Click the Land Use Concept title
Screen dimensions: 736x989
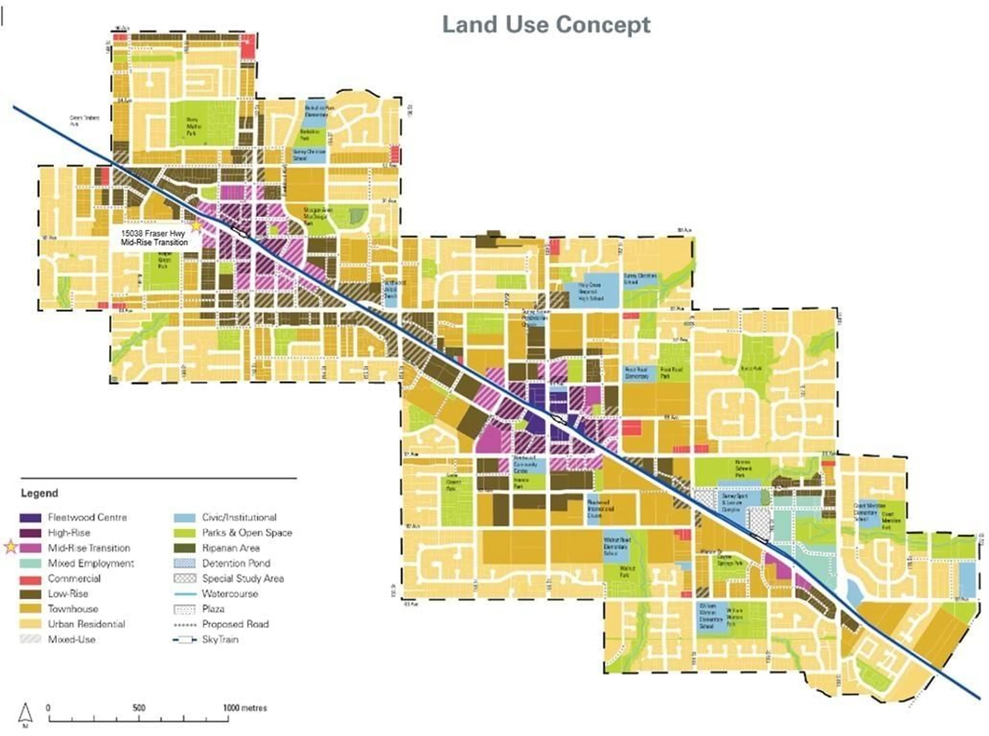(546, 25)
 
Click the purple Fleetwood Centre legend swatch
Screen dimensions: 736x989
(31, 518)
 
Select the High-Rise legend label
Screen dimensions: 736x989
(69, 533)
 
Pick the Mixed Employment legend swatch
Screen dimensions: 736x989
(31, 563)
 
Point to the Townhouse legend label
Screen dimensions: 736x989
(73, 609)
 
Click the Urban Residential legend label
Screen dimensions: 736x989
(87, 624)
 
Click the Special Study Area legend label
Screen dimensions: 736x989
(243, 579)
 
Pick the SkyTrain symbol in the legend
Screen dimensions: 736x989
(184, 640)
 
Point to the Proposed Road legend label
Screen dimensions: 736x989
(235, 624)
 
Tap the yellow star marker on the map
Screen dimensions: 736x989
(196, 226)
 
